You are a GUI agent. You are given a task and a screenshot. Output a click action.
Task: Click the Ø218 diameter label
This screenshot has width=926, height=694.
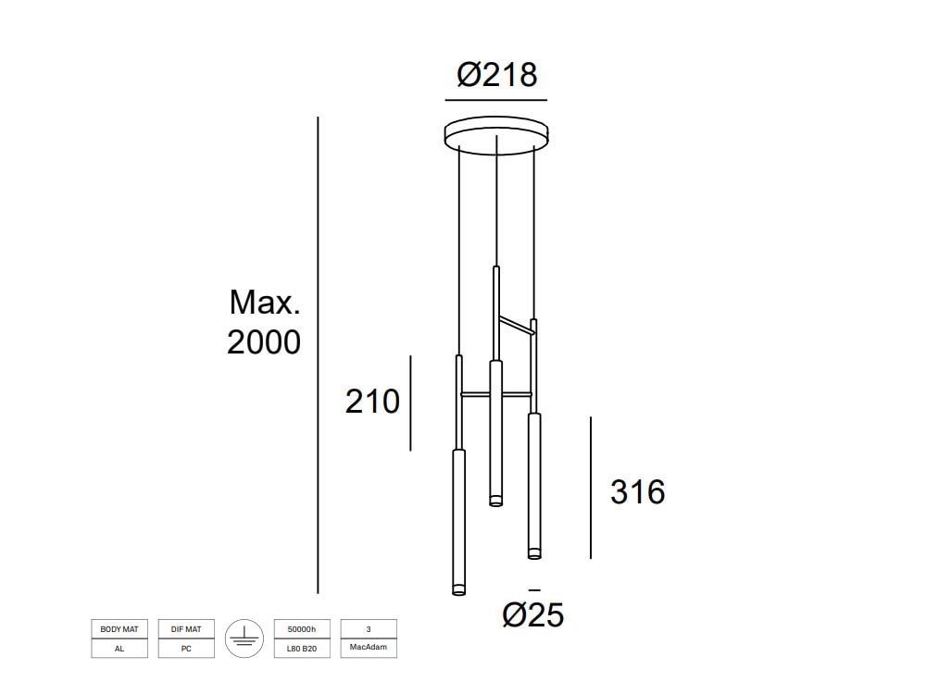pos(497,74)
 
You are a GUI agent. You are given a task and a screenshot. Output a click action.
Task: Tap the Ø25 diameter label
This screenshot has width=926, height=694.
pos(533,614)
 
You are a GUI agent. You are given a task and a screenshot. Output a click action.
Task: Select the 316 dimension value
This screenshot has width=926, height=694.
pos(637,492)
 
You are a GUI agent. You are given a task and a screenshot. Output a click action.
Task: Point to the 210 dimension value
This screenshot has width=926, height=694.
pos(372,402)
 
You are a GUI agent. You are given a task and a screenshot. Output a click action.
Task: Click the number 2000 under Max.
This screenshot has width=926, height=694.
pos(264,342)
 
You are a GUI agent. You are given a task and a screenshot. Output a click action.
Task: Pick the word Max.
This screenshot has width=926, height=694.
pos(265,302)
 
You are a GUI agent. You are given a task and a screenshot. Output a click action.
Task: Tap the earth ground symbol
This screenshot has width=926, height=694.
pos(244,638)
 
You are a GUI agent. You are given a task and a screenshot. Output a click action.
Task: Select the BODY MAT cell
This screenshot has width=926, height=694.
pos(119,629)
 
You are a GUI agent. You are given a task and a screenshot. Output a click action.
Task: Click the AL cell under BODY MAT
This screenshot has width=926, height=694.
pos(119,649)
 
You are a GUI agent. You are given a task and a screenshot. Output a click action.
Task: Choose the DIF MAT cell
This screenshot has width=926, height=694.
pos(186,629)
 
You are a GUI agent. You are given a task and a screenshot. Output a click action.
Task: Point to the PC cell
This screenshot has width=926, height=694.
pos(186,649)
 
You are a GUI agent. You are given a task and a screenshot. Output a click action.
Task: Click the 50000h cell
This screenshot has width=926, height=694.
pos(302,629)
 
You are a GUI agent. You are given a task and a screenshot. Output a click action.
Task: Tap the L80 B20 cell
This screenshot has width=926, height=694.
pos(302,649)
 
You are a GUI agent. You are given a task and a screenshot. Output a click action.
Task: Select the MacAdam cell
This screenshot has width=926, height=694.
pos(369,649)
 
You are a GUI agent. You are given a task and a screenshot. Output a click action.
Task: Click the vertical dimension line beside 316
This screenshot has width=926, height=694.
pos(591,488)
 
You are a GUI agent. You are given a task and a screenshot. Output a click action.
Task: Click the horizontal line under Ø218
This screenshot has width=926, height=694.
pos(496,99)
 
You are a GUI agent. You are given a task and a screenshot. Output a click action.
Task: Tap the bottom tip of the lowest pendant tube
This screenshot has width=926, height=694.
pos(458,591)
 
